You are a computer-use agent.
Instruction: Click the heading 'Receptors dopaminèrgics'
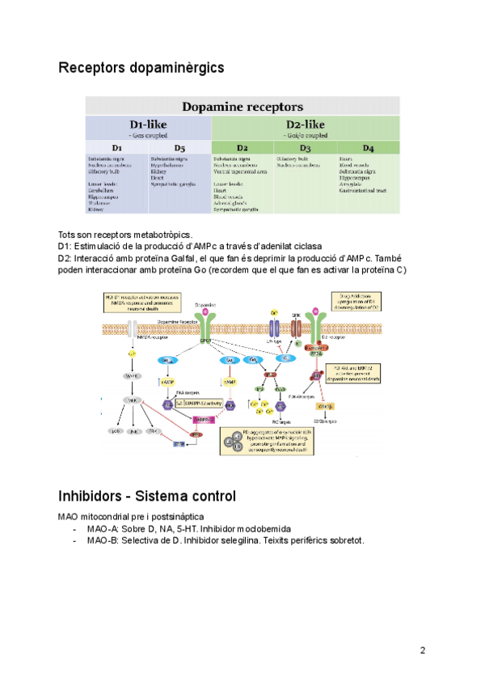tap(141, 68)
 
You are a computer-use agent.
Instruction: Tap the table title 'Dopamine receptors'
tap(242, 106)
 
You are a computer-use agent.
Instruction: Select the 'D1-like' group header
tap(149, 125)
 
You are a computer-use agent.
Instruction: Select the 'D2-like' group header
tap(306, 125)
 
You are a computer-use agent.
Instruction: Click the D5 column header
tap(179, 148)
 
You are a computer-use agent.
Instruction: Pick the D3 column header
tap(305, 148)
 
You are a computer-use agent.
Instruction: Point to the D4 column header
tap(368, 148)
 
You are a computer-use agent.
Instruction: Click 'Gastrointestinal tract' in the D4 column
tap(366, 189)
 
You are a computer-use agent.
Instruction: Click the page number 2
tap(423, 650)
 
